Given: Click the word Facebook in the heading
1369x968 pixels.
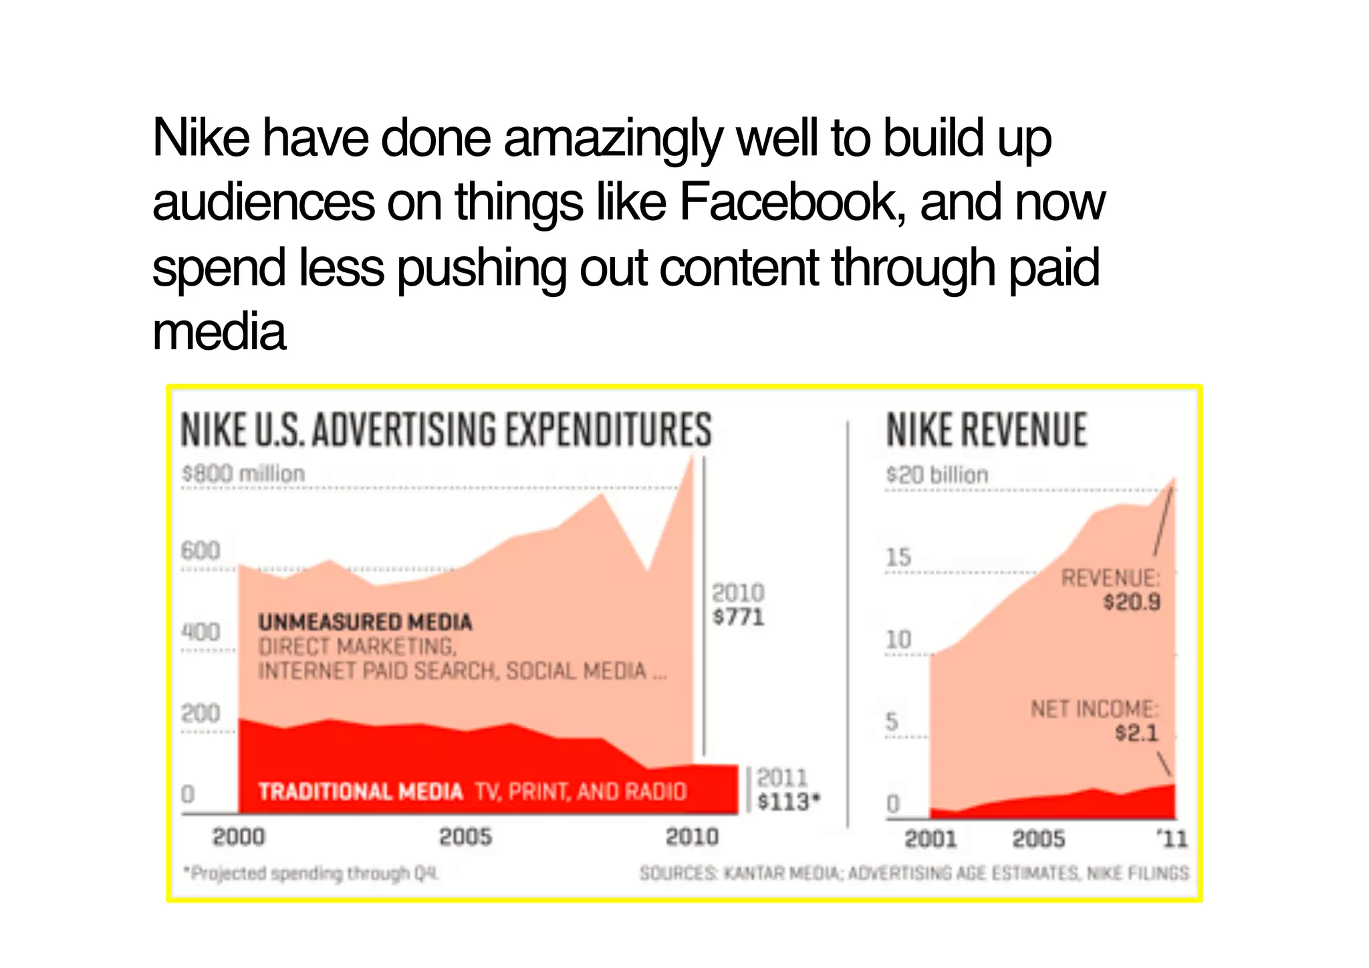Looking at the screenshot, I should point(789,203).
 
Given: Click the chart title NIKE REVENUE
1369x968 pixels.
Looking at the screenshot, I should point(986,430).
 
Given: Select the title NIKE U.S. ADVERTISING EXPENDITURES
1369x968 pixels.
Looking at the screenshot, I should point(446,429).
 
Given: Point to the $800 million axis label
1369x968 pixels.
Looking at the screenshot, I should point(243,474).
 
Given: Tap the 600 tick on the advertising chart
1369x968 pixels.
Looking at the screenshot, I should point(200,551).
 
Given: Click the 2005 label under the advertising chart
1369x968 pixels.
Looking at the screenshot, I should point(465,837).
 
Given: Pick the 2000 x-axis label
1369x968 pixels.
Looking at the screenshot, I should point(239,837).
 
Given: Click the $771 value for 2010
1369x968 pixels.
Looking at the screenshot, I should point(738,617).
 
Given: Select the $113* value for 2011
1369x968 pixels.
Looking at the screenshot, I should point(788,801).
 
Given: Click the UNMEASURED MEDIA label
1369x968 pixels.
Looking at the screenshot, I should point(365,622).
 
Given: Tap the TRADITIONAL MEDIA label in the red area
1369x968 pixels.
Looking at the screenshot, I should point(361,792).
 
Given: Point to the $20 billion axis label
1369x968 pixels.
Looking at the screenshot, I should point(937,475).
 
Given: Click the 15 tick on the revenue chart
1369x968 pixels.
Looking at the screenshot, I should point(898,557).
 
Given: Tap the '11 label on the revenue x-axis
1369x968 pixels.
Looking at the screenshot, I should point(1172,839).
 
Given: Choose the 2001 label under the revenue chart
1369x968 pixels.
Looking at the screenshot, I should point(930,839).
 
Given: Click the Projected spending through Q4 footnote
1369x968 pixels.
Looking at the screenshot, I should point(312,874).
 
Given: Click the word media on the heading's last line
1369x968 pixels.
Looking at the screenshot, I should point(219,332).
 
